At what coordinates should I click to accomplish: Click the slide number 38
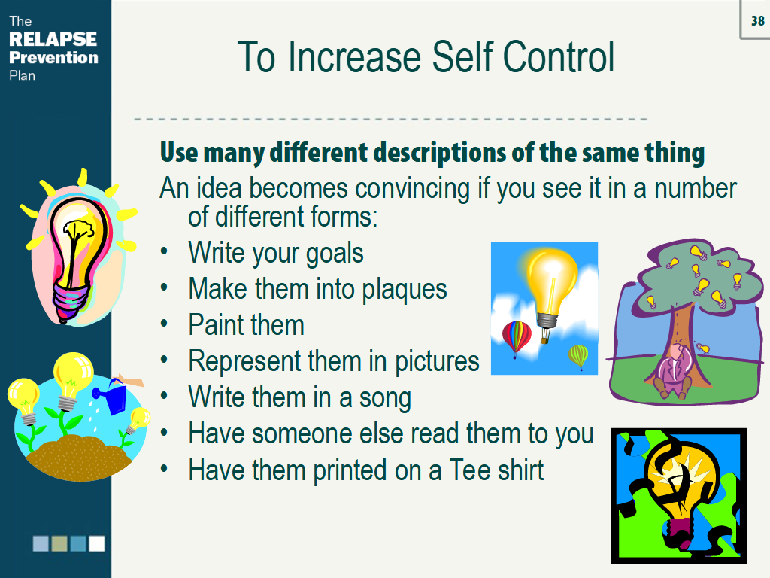(x=758, y=20)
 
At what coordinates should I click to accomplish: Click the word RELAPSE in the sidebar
(x=53, y=39)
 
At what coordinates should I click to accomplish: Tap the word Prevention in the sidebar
(x=53, y=57)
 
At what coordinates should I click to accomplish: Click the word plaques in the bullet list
(x=405, y=290)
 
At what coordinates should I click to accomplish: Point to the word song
(x=385, y=399)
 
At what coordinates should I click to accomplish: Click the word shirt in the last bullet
(x=520, y=470)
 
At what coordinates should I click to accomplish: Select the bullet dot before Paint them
(x=164, y=324)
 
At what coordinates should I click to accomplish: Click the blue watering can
(x=112, y=396)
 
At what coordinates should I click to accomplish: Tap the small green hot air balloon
(x=578, y=356)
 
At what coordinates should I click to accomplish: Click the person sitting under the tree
(x=672, y=372)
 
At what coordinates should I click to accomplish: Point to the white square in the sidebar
(x=97, y=543)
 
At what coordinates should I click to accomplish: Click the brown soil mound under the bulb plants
(x=78, y=456)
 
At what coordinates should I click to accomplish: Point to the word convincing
(x=413, y=189)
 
